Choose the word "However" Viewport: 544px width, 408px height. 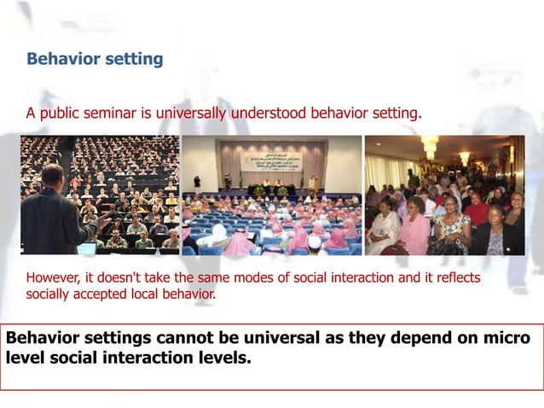coord(52,278)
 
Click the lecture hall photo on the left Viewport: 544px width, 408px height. coord(100,195)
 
